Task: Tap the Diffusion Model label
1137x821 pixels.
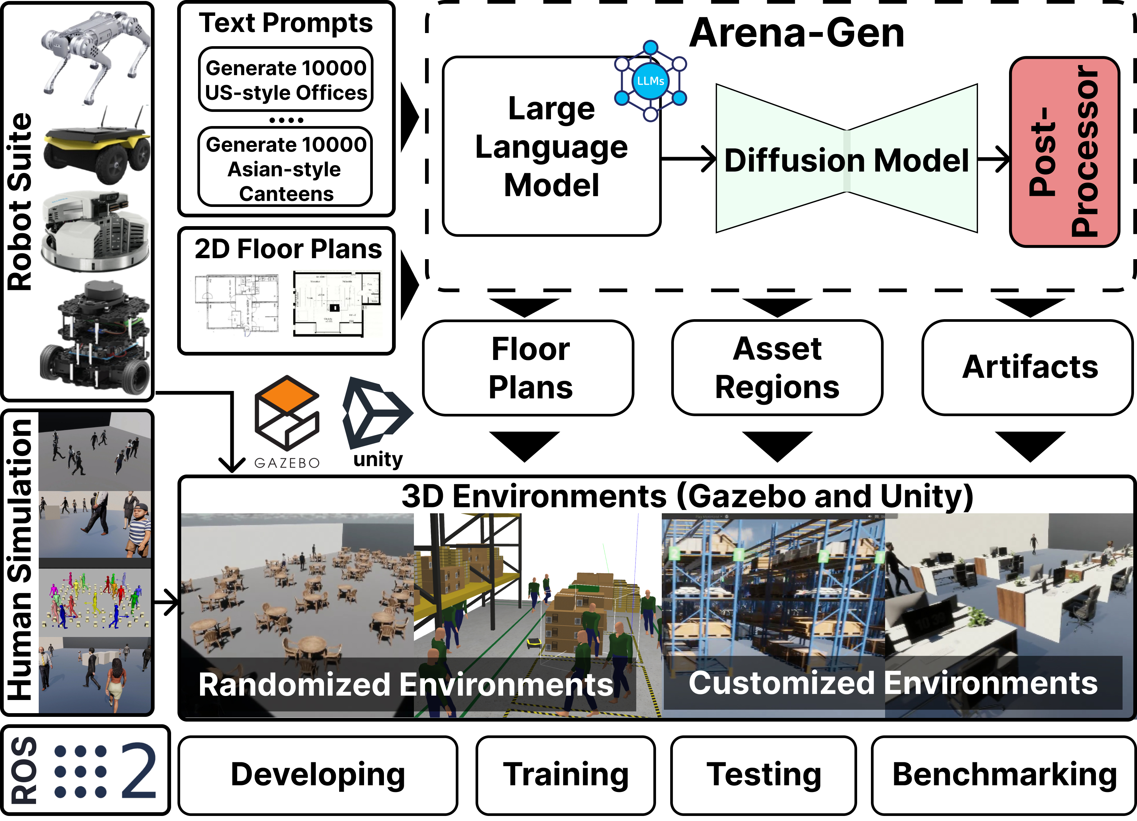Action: (846, 160)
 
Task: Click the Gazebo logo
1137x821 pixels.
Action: (287, 421)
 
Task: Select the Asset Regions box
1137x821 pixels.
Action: (777, 368)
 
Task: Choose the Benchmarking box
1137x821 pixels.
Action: (1004, 774)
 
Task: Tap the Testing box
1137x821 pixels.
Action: (764, 774)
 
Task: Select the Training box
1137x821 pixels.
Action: (565, 774)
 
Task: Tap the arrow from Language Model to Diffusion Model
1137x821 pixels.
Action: (689, 159)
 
